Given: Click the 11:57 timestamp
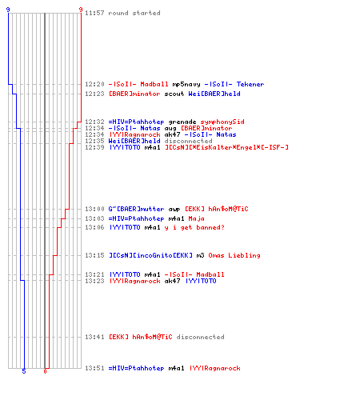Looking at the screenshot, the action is (94, 13).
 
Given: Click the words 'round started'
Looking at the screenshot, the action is (134, 13).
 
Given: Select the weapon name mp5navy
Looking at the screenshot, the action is (186, 85).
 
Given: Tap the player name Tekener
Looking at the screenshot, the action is (250, 84).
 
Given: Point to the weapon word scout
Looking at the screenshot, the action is (174, 94).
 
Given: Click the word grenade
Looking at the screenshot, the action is (182, 122).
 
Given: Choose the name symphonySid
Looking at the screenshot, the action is (222, 122).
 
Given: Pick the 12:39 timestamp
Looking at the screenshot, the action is (94, 147).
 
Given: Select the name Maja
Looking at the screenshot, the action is (196, 219).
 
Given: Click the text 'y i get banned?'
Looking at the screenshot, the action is (194, 227).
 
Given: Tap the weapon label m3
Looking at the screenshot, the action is (200, 255).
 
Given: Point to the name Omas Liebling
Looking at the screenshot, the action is (234, 255).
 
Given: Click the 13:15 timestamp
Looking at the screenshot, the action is (94, 255).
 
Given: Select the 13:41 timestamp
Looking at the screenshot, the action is (94, 337).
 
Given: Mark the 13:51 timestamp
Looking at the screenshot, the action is (94, 368).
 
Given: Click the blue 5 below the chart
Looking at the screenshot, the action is (24, 371).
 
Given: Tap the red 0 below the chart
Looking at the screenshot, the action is (45, 371).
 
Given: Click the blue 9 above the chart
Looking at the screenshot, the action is (8, 10).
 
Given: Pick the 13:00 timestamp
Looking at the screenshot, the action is (94, 209).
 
